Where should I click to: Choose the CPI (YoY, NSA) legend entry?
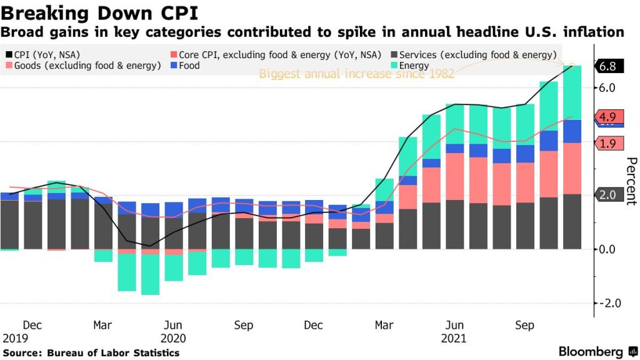pyautogui.click(x=45, y=54)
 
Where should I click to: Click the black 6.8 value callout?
pyautogui.click(x=608, y=66)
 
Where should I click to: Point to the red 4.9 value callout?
pyautogui.click(x=607, y=117)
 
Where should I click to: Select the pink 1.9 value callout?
pyautogui.click(x=607, y=144)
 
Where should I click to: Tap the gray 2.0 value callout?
pyautogui.click(x=607, y=195)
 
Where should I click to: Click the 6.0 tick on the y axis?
pyautogui.click(x=608, y=87)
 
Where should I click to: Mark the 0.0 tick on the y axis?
pyautogui.click(x=608, y=249)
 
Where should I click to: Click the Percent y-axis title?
pyautogui.click(x=631, y=181)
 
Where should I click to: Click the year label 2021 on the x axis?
pyautogui.click(x=454, y=338)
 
